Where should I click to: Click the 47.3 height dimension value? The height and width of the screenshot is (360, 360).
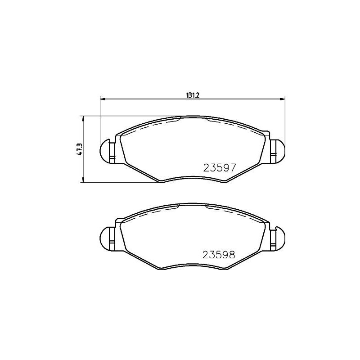coord(79,149)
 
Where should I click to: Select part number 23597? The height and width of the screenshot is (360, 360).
coord(220,168)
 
